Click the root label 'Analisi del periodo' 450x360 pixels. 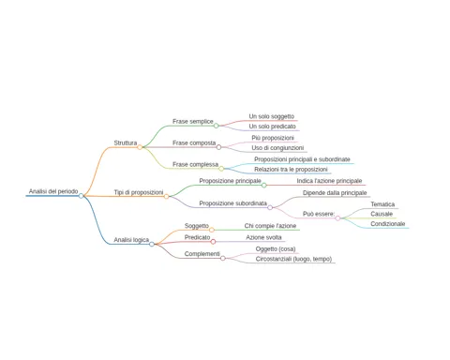pos(53,191)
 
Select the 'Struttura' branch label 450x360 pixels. pos(126,142)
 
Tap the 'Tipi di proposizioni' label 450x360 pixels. pos(139,192)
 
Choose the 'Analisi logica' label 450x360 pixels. pos(131,240)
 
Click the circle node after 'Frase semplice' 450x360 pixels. pos(216,126)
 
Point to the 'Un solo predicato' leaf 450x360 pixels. pos(272,127)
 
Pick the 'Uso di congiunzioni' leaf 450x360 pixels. pos(277,148)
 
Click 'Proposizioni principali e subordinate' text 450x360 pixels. pos(302,159)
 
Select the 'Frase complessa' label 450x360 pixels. pos(195,164)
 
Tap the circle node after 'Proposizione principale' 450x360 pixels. pos(264,186)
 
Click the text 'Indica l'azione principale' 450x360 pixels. pos(329,181)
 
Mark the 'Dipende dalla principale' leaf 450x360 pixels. pos(335,193)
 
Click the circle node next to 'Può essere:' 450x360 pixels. pos(337,218)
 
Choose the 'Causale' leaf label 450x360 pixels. pos(382,214)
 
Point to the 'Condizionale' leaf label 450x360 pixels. pos(388,224)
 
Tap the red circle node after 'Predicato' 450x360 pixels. pos(213,242)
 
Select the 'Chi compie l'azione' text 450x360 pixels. pos(270,226)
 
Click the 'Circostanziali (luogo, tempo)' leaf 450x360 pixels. pos(293,259)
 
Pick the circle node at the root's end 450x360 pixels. pos(81,196)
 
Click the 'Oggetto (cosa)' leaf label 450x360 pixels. pos(276,249)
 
